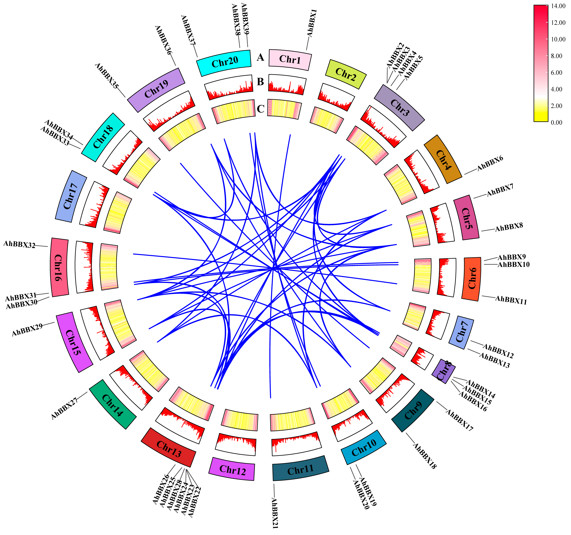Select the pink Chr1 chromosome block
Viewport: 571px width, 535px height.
(290, 59)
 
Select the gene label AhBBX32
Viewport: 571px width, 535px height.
(19, 245)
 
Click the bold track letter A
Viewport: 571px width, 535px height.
(260, 57)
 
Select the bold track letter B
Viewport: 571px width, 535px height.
(260, 82)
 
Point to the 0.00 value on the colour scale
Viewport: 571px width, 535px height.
(556, 122)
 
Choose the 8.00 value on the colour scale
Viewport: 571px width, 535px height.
(556, 56)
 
